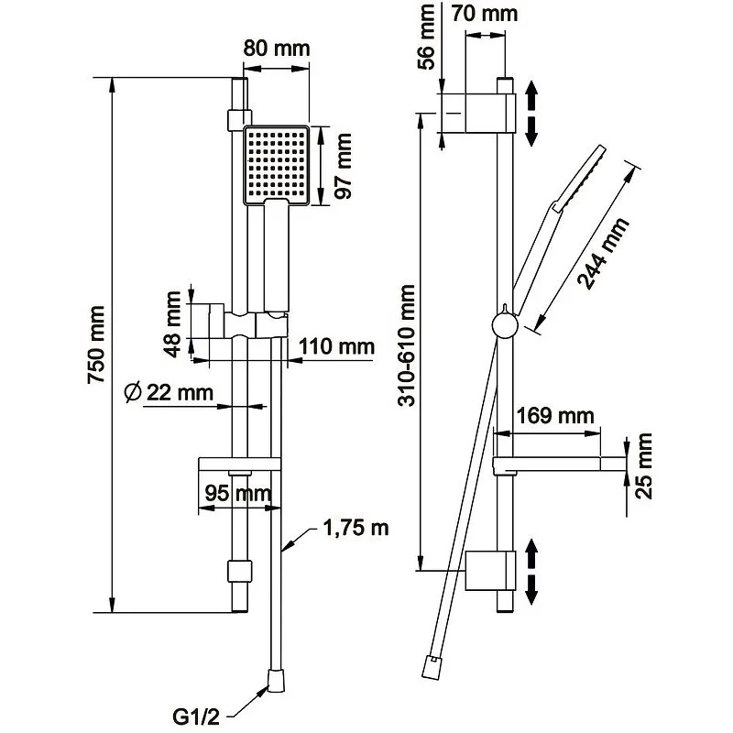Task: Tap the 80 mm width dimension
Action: pyautogui.click(x=276, y=49)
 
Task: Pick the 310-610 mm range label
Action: pyautogui.click(x=408, y=345)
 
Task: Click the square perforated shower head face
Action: pyautogui.click(x=276, y=165)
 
